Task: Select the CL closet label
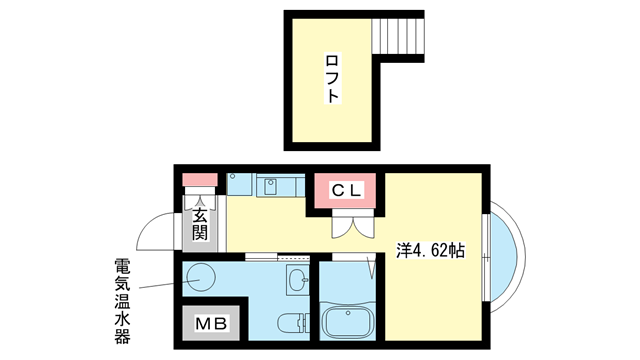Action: pyautogui.click(x=348, y=189)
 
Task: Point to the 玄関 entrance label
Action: pyautogui.click(x=200, y=225)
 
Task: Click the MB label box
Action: pyautogui.click(x=211, y=322)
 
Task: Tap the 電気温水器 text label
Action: pyautogui.click(x=122, y=300)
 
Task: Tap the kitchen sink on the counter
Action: pyautogui.click(x=271, y=184)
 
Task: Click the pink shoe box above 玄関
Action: pyautogui.click(x=200, y=181)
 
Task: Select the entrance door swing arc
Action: pyautogui.click(x=158, y=232)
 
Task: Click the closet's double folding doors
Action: pyautogui.click(x=348, y=226)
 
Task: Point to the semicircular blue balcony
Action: pyautogui.click(x=505, y=249)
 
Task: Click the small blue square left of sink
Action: pyautogui.click(x=239, y=184)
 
